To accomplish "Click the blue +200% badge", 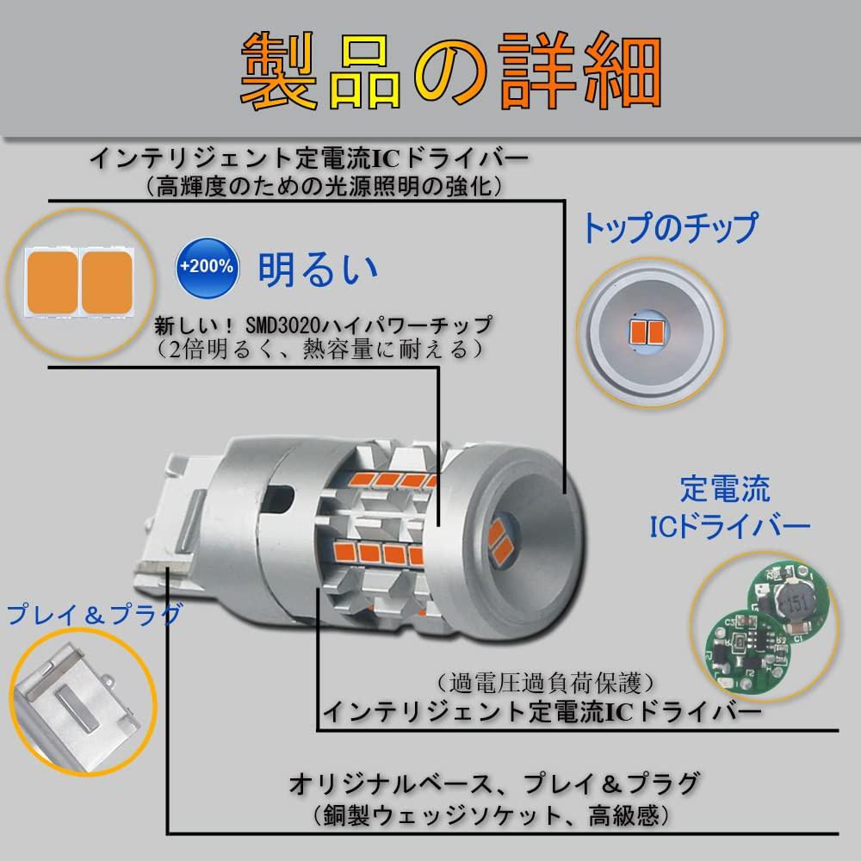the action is pos(208,268).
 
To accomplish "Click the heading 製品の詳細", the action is pos(451,71).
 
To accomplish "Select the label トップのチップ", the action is pos(669,228).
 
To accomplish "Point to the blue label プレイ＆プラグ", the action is pos(94,615).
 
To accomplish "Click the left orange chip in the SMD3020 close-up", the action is pos(53,282).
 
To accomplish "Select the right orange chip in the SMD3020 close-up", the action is pos(107,282).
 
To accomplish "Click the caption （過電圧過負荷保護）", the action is pos(545,684).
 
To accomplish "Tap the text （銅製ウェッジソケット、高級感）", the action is pos(492,815).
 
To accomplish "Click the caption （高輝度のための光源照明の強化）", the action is pos(324,187).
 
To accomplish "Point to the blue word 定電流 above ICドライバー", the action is pos(725,489).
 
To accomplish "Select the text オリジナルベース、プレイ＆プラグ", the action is pos(493,784).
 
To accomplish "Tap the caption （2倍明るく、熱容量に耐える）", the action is pos(320,350).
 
